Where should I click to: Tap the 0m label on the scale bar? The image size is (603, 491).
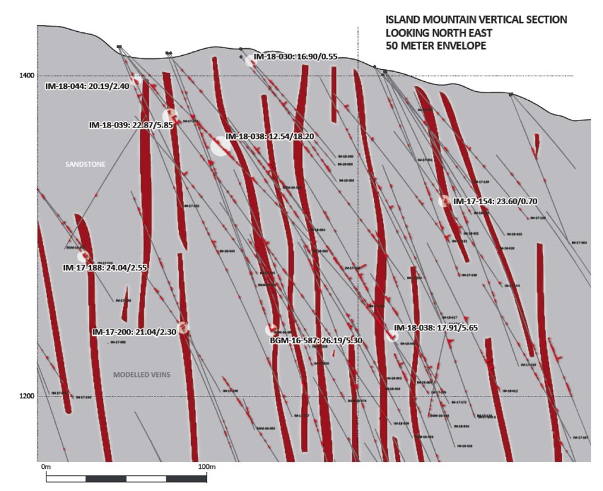click(x=45, y=467)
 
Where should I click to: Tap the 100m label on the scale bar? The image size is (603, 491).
click(x=208, y=467)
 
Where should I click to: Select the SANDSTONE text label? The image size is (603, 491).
click(x=86, y=164)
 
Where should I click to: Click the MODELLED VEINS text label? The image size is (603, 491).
click(x=142, y=375)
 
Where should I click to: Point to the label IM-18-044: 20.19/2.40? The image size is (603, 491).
click(x=87, y=86)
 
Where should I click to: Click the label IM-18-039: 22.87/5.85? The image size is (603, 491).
click(x=130, y=125)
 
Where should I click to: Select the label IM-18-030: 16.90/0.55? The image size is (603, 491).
click(x=295, y=56)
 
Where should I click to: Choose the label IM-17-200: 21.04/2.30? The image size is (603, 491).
click(x=134, y=332)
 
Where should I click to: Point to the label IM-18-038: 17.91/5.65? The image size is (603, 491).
click(x=440, y=328)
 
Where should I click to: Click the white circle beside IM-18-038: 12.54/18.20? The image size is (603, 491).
click(x=220, y=146)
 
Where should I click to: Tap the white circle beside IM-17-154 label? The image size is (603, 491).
click(x=444, y=201)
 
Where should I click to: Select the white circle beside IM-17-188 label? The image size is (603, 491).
click(x=83, y=256)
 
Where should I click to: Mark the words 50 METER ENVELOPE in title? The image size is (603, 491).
click(x=435, y=46)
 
